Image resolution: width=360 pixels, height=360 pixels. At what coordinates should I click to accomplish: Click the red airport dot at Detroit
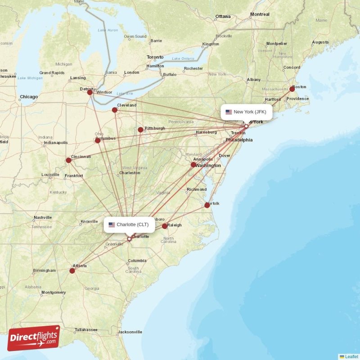[x=90, y=92]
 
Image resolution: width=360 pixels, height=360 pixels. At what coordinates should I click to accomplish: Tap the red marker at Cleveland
[x=115, y=110]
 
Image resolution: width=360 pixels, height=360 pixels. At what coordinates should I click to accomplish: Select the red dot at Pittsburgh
[x=140, y=130]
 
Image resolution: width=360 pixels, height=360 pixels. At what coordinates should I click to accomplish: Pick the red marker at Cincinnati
[x=68, y=160]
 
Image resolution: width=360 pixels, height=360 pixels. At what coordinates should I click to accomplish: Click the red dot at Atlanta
[x=72, y=271]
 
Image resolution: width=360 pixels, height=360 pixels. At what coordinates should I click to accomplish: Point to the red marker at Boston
[x=292, y=89]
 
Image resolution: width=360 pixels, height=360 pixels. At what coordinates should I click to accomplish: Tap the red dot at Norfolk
[x=207, y=205]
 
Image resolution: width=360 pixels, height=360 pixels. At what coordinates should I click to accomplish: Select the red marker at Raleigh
[x=165, y=226]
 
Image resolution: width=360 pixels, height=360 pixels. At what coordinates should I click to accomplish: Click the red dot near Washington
[x=193, y=165]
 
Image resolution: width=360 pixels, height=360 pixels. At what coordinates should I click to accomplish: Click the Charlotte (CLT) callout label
[x=129, y=225]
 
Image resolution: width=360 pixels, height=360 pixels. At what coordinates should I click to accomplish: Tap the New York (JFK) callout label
[x=246, y=112]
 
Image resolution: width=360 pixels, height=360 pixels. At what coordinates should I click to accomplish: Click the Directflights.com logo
[x=34, y=338]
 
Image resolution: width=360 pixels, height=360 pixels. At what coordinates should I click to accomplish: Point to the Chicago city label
[x=29, y=97]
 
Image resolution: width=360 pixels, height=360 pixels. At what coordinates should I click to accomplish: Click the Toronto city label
[x=155, y=58]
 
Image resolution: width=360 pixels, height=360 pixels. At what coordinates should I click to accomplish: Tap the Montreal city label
[x=260, y=14]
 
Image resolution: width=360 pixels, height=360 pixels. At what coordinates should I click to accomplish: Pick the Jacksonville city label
[x=130, y=332]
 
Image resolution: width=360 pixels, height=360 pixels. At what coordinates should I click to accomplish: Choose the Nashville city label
[x=43, y=218]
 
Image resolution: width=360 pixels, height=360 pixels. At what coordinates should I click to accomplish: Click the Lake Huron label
[x=108, y=30]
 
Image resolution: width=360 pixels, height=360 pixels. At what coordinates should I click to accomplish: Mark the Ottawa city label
[x=223, y=17]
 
